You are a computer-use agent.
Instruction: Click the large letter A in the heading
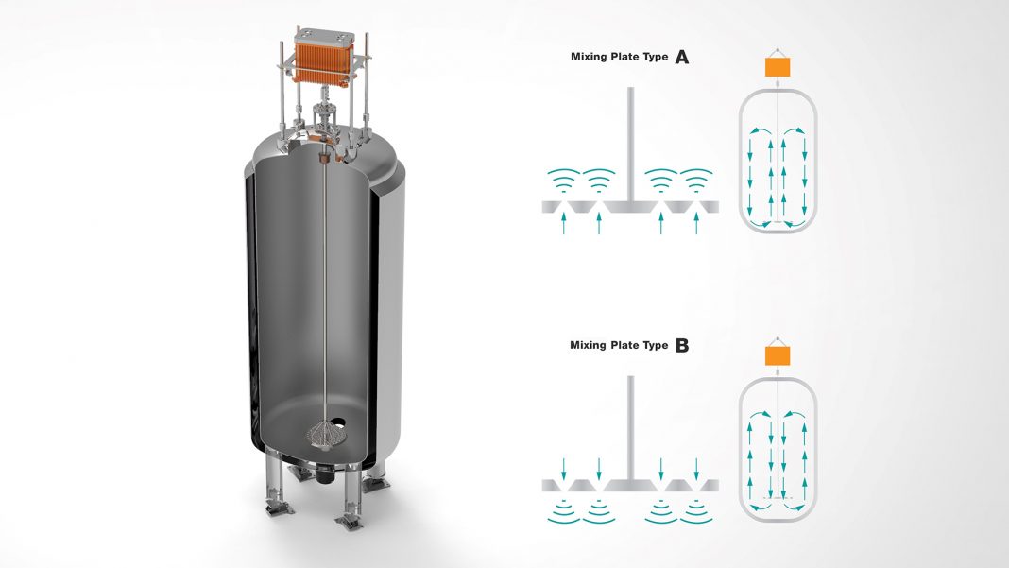[681, 58]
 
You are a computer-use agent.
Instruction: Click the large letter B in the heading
[682, 346]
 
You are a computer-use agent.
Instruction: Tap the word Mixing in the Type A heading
[589, 57]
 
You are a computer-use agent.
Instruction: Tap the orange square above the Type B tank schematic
[778, 356]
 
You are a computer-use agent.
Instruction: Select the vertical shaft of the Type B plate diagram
[631, 427]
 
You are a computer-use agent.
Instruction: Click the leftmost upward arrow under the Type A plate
[564, 223]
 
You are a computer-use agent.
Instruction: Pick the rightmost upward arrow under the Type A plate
[696, 223]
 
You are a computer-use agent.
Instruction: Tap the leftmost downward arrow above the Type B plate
[564, 469]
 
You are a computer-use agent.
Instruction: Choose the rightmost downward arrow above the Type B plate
[696, 469]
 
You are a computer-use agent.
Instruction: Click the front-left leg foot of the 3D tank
[281, 508]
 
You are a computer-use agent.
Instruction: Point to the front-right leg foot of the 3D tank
[350, 522]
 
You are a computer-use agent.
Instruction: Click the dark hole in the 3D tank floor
[338, 423]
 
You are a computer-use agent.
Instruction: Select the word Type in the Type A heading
[656, 57]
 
